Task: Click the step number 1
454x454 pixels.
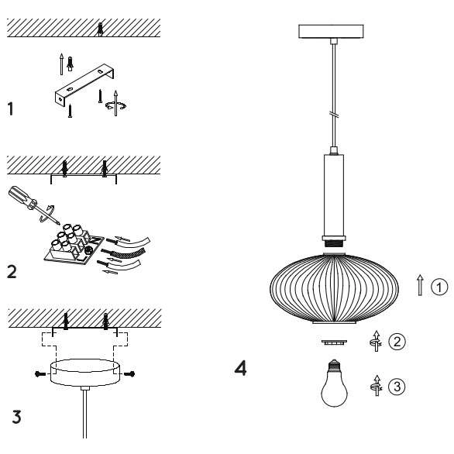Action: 10,109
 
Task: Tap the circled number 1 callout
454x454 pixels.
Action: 439,287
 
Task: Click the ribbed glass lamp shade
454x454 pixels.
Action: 333,287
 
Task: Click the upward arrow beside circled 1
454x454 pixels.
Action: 420,287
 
